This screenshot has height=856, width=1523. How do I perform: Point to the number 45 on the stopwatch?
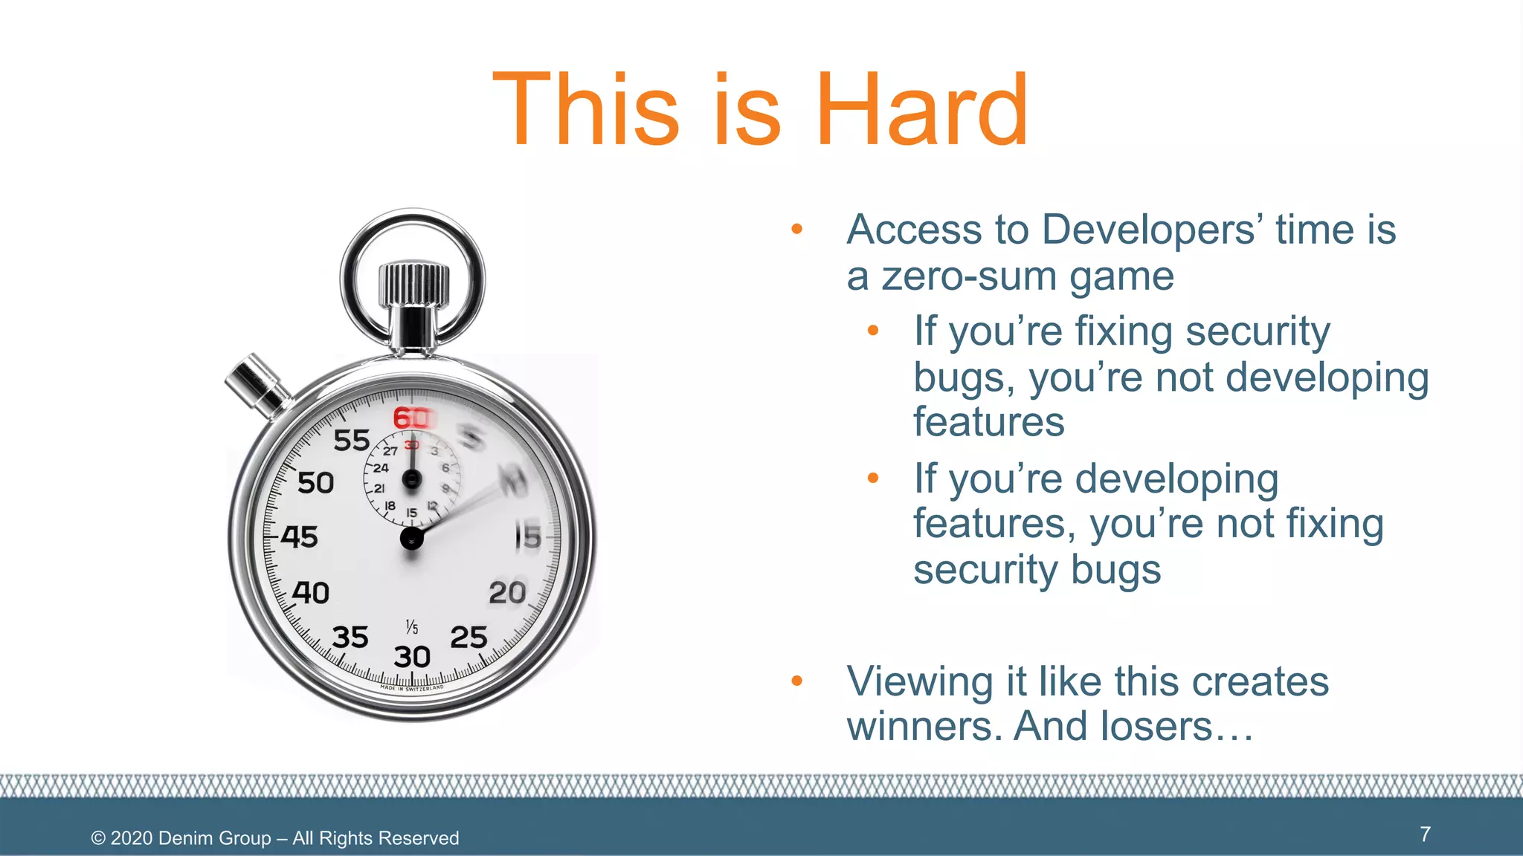(x=300, y=536)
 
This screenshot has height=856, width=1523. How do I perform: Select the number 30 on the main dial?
(x=412, y=657)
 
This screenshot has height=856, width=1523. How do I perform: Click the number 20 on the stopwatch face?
(x=507, y=593)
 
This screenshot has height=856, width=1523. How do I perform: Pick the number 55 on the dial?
(x=352, y=441)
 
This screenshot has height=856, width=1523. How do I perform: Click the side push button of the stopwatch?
(x=255, y=382)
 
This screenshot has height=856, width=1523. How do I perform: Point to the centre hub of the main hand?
(x=412, y=539)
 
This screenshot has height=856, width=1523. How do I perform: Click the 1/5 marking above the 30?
(x=412, y=627)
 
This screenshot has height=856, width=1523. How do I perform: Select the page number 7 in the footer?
(x=1425, y=834)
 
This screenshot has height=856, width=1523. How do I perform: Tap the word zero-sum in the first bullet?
(x=970, y=276)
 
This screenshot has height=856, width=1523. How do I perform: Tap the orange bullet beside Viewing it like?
(x=797, y=681)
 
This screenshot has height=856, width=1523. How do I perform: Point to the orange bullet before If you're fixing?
(x=873, y=330)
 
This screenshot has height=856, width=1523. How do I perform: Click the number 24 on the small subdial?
(x=381, y=468)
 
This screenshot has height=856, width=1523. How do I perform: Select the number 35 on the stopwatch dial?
(x=350, y=638)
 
